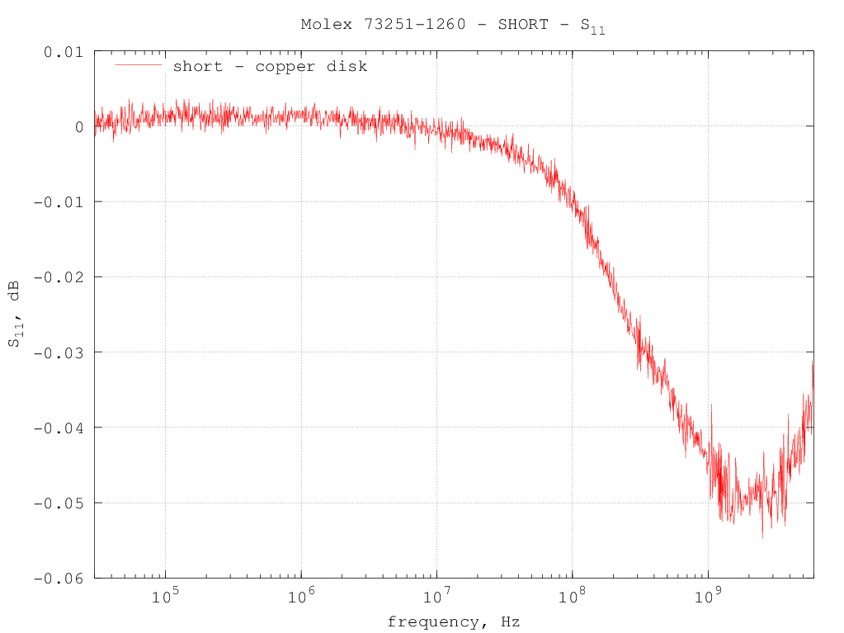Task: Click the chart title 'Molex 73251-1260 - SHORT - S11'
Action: (x=453, y=25)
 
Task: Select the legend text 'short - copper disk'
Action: (x=270, y=66)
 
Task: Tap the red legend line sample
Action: (x=138, y=64)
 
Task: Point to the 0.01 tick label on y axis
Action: (x=64, y=52)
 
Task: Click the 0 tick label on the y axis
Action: (x=78, y=127)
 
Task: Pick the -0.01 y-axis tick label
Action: (x=59, y=202)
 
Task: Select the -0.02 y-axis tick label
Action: (x=59, y=277)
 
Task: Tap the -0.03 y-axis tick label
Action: (x=59, y=352)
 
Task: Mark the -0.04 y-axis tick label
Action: (x=59, y=428)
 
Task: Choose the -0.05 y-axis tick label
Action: (x=59, y=503)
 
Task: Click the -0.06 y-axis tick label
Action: (x=59, y=578)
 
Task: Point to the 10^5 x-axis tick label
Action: (x=165, y=595)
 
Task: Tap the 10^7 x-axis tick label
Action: (x=436, y=595)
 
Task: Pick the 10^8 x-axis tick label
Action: (x=572, y=595)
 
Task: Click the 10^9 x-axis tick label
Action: (x=708, y=595)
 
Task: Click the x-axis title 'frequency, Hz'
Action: (x=453, y=621)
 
